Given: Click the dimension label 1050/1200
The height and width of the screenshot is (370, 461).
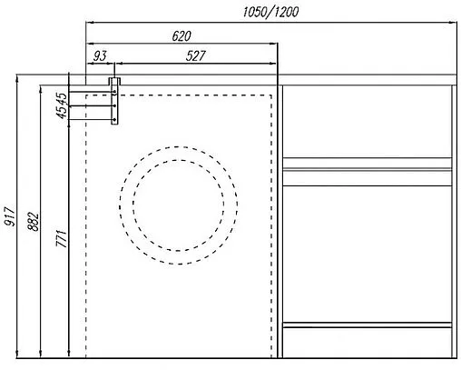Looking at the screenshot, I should (271, 11).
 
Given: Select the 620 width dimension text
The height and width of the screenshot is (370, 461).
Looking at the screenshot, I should (181, 35).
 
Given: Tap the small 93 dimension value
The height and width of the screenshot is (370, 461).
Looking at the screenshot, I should (100, 56).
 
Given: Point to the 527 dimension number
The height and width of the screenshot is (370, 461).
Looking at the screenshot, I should (195, 56).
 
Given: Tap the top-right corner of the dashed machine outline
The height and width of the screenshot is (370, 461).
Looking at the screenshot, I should (272, 93).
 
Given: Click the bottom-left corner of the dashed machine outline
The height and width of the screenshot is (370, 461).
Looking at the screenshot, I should (85, 359).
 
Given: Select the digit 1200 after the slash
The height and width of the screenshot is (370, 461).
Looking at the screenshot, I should (286, 11).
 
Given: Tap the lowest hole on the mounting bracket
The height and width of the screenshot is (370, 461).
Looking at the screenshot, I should (114, 122).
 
